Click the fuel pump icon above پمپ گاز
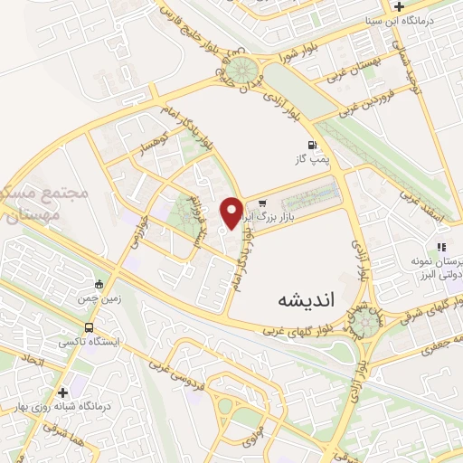click(x=312, y=145)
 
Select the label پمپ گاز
click(x=307, y=160)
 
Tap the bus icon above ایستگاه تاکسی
click(x=89, y=327)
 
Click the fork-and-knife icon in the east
click(x=442, y=246)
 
